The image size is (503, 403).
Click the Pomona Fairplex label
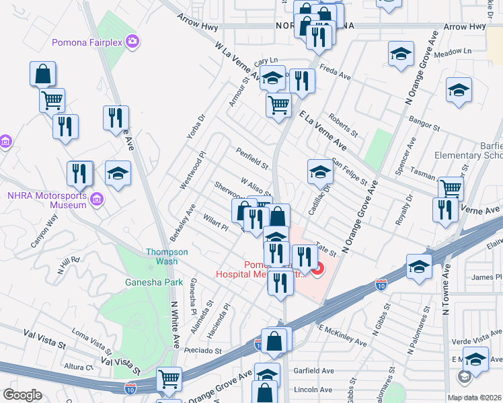click(x=88, y=42)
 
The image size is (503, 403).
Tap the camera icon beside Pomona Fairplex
click(x=132, y=42)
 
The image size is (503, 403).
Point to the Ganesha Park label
click(x=154, y=282)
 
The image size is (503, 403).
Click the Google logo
click(x=22, y=395)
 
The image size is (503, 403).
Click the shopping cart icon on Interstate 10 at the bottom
click(x=169, y=379)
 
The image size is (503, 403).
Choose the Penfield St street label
click(x=251, y=159)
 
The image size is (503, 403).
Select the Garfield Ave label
click(x=313, y=371)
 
